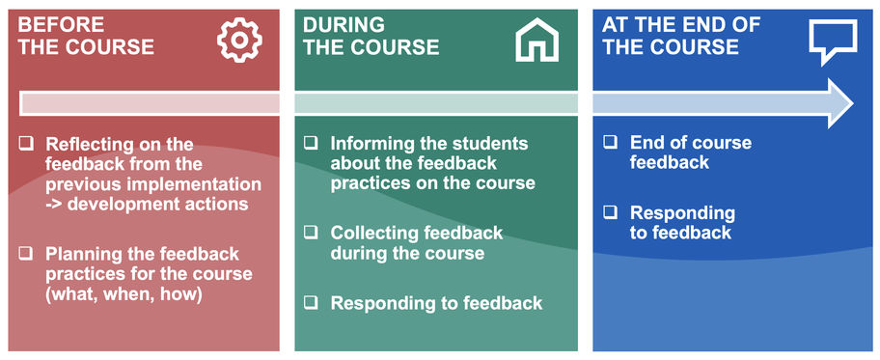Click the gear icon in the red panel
(x=239, y=40)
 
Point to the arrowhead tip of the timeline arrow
(x=854, y=103)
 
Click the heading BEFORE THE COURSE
(x=86, y=36)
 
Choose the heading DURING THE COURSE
(x=371, y=36)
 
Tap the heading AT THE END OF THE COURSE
(x=682, y=36)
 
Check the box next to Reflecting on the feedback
(x=26, y=144)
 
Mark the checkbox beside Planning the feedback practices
(x=26, y=254)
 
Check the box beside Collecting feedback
(x=311, y=233)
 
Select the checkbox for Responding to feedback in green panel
(x=311, y=303)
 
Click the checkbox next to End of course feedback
(x=610, y=142)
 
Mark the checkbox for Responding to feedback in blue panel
(x=610, y=212)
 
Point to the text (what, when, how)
(x=124, y=294)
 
